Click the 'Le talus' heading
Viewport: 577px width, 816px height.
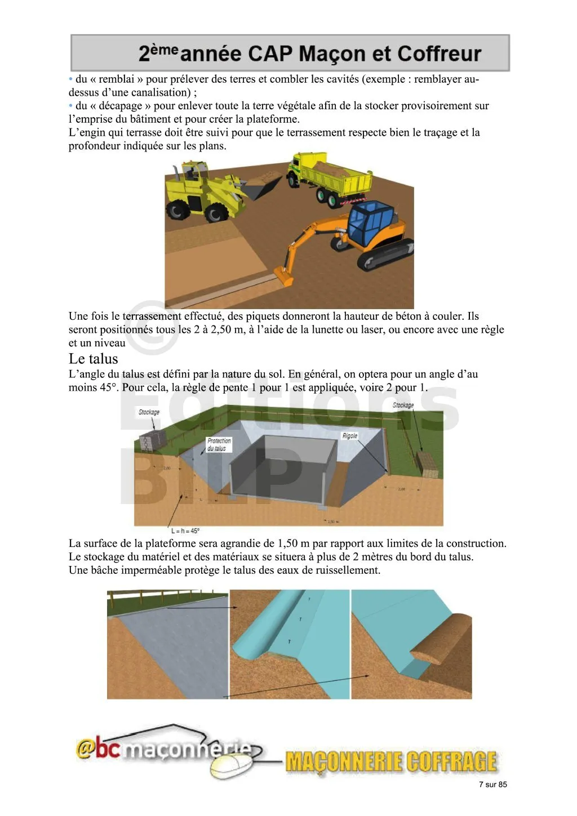94,359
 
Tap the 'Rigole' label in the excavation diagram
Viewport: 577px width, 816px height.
350,436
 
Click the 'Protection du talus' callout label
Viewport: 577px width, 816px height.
219,444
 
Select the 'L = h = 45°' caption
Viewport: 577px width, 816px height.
185,530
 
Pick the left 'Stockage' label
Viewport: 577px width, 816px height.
149,412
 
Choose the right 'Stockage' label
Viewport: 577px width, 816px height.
403,405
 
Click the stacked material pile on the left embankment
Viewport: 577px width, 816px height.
151,440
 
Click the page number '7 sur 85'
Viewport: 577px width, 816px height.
492,784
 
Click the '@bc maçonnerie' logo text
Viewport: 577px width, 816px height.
163,749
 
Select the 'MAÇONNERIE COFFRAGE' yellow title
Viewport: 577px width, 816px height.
391,761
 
